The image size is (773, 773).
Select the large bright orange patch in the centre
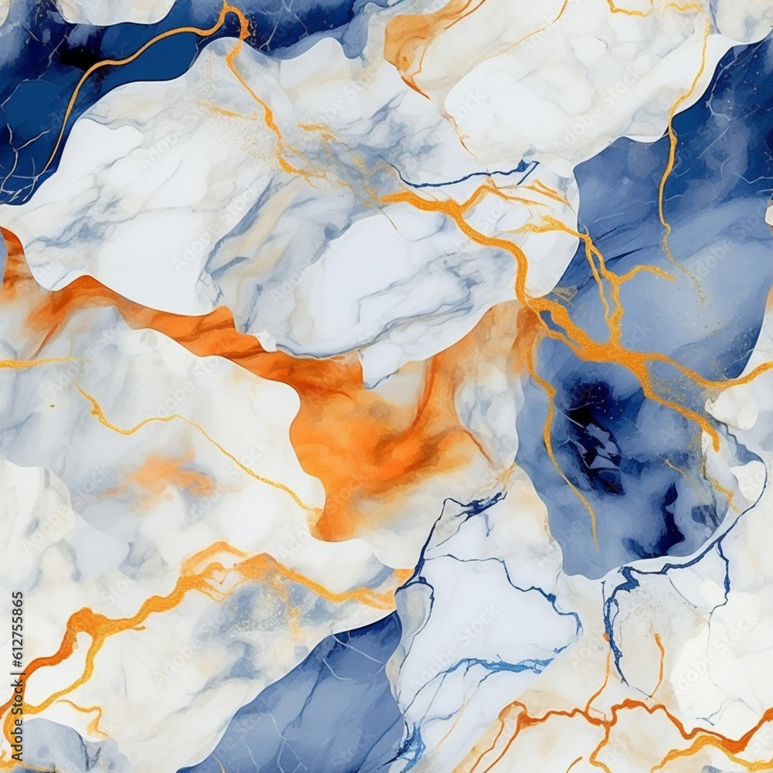[x=371, y=448]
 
